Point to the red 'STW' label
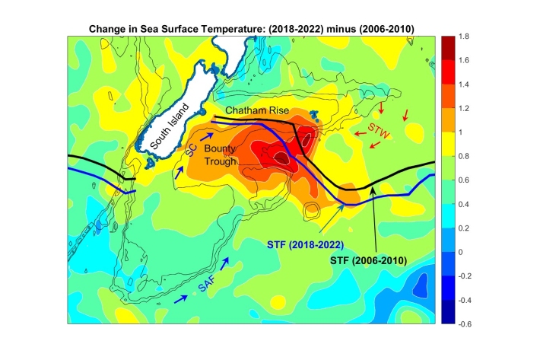378,129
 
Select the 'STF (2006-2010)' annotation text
372,260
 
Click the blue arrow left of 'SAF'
182,299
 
